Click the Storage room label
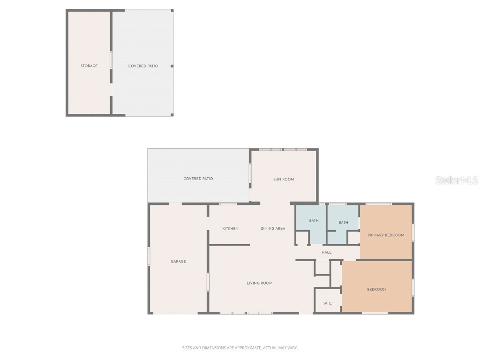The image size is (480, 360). (x=89, y=66)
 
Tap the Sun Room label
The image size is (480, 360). (x=284, y=179)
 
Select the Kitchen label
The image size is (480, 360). (x=230, y=229)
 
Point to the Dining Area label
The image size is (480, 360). (x=273, y=229)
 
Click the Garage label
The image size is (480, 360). (x=178, y=262)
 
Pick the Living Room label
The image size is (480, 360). (x=260, y=283)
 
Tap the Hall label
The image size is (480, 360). (x=326, y=252)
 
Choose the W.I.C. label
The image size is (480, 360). (x=328, y=304)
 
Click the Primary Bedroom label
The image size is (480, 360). (x=385, y=235)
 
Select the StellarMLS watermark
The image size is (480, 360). (x=457, y=180)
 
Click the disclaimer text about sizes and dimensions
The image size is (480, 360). (x=240, y=348)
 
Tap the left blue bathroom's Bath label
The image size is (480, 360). (x=314, y=221)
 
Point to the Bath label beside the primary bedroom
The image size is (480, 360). (x=344, y=223)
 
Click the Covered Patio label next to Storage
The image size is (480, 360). (x=143, y=66)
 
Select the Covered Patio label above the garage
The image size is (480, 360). (x=198, y=179)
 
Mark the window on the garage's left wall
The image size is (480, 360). (x=149, y=256)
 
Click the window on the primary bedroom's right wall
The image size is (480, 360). (x=413, y=232)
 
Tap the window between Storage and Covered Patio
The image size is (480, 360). (x=111, y=60)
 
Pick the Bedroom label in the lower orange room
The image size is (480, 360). (x=376, y=290)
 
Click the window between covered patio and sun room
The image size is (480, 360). (x=250, y=172)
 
